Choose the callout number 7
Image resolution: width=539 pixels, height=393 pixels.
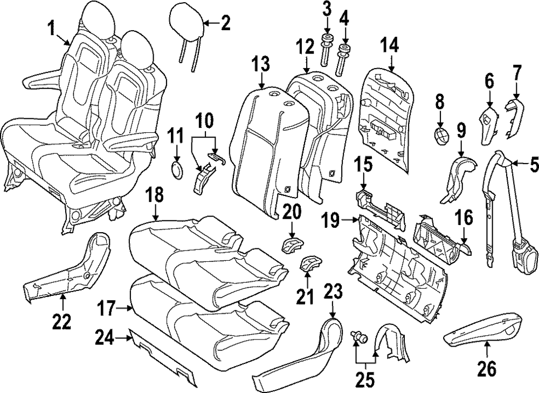(x=516, y=71)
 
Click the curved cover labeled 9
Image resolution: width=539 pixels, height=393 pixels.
(x=457, y=177)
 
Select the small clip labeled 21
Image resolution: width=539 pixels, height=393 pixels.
(x=309, y=265)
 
